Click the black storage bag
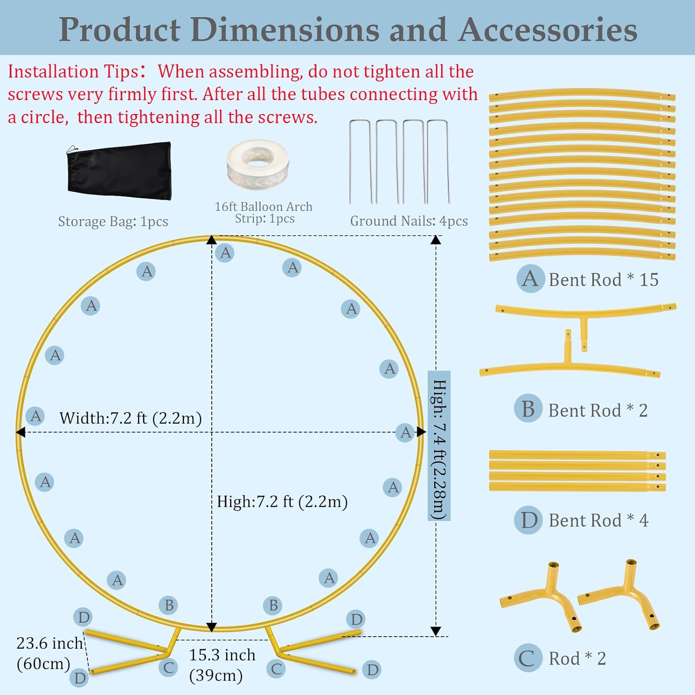pyautogui.click(x=119, y=171)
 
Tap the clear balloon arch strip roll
pyautogui.click(x=258, y=164)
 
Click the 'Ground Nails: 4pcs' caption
pyautogui.click(x=409, y=221)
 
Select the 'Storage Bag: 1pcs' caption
pyautogui.click(x=113, y=221)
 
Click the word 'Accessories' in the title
pyautogui.click(x=548, y=30)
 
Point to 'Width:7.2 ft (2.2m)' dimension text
pyautogui.click(x=131, y=418)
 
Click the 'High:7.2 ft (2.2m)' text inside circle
pyautogui.click(x=282, y=501)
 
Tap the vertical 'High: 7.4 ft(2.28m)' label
pyautogui.click(x=439, y=446)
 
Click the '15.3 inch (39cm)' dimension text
pyautogui.click(x=222, y=665)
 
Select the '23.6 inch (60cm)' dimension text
pyautogui.click(x=50, y=653)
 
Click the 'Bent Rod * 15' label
pyautogui.click(x=603, y=280)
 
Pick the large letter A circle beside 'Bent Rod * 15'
pyautogui.click(x=531, y=278)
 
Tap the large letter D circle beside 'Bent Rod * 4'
pyautogui.click(x=528, y=520)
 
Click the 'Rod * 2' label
pyautogui.click(x=577, y=658)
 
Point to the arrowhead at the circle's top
pyautogui.click(x=212, y=240)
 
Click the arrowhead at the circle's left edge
pyautogui.click(x=20, y=432)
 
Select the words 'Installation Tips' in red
pyautogui.click(x=73, y=72)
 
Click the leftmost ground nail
pyautogui.click(x=360, y=162)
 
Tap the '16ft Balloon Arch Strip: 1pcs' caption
pyautogui.click(x=264, y=213)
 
